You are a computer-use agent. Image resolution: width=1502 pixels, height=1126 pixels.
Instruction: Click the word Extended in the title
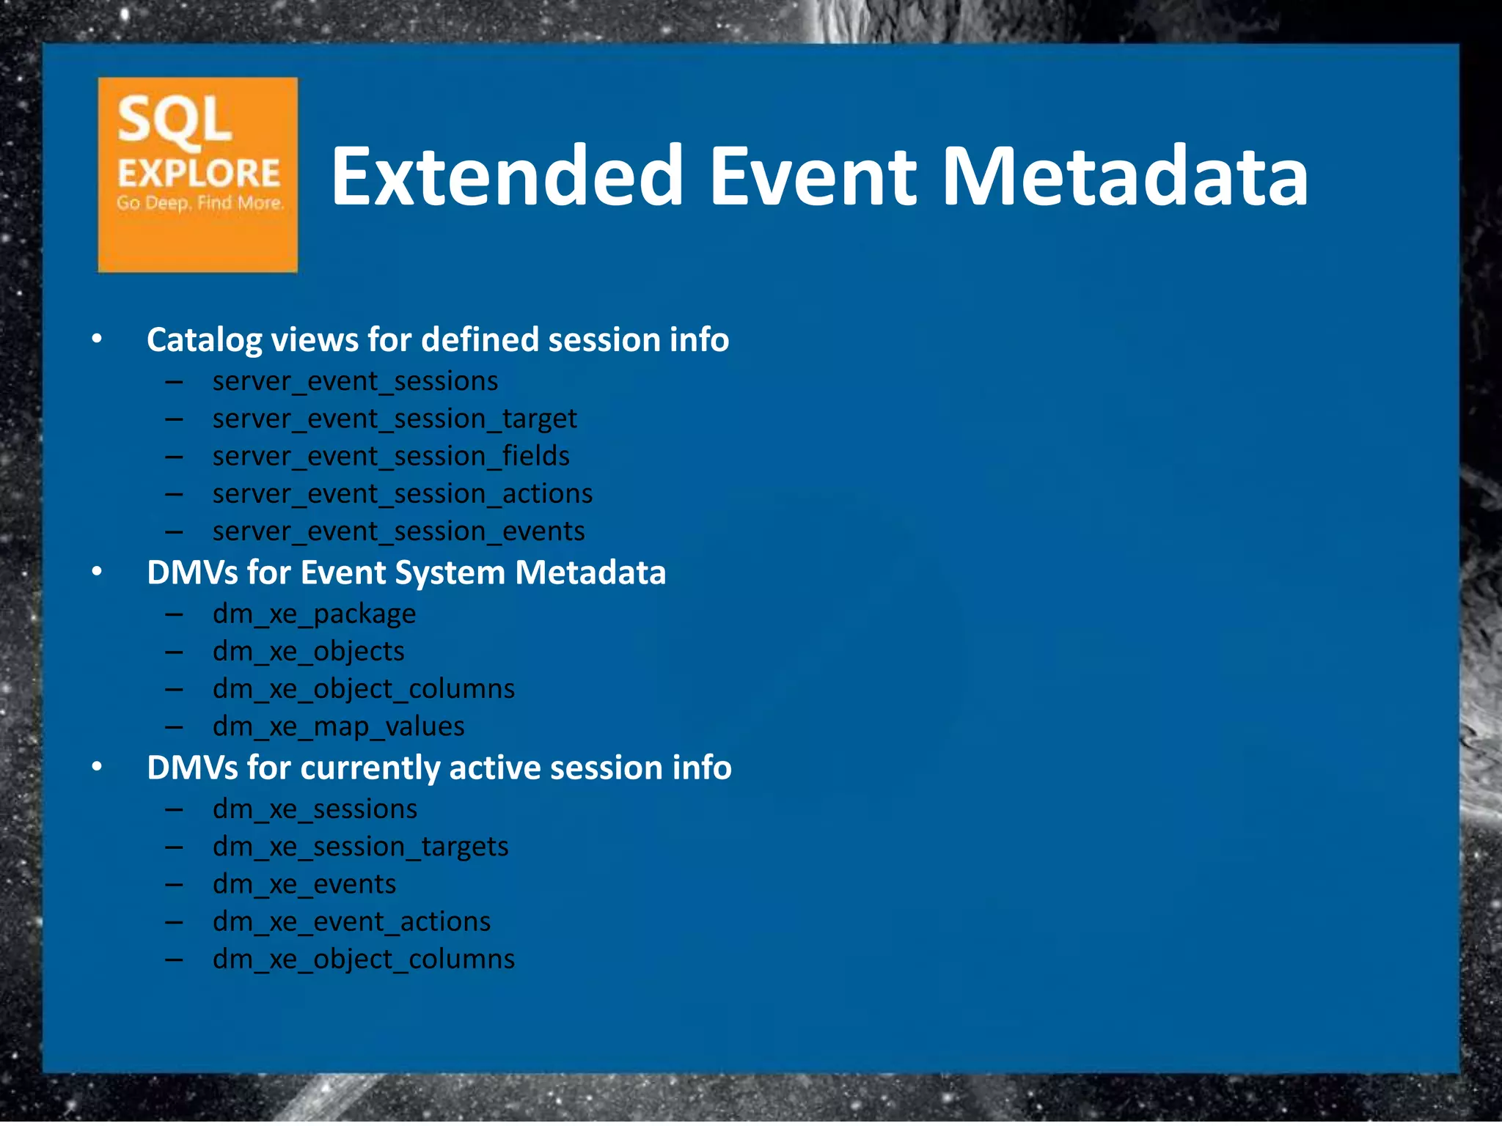click(507, 176)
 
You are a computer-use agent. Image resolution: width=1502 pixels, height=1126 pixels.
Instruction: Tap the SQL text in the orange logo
click(175, 119)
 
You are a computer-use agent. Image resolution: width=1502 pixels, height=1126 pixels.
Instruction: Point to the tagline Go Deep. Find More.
click(199, 203)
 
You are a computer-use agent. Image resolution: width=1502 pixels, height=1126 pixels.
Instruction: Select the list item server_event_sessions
click(355, 382)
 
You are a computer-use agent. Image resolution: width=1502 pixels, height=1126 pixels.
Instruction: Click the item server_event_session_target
click(395, 419)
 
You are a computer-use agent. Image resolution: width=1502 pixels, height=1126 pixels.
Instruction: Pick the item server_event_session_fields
click(391, 457)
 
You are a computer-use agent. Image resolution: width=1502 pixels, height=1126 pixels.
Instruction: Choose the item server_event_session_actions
click(402, 494)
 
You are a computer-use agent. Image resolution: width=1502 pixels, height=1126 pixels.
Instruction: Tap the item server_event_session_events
click(398, 531)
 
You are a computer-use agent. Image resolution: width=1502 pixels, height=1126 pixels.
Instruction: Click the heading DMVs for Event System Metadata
click(406, 573)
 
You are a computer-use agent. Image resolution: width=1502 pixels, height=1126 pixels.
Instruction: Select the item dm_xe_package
click(314, 614)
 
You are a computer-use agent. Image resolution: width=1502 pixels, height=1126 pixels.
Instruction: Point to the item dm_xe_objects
click(308, 652)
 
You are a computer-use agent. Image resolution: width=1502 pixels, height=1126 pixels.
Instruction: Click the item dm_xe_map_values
click(338, 726)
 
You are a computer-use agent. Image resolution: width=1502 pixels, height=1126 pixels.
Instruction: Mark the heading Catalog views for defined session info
click(437, 340)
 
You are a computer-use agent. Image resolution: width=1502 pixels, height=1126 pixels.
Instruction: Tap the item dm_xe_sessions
click(315, 809)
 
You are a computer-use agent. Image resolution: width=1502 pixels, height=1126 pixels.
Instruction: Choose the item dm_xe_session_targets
click(360, 847)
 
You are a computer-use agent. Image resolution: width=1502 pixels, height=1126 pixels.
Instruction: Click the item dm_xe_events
click(304, 884)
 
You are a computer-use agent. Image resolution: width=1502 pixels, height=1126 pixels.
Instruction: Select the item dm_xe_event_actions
click(351, 921)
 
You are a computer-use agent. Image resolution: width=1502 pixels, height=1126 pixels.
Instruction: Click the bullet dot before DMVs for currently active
click(97, 767)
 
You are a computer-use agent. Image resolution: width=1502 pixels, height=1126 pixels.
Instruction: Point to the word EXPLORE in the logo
click(199, 174)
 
